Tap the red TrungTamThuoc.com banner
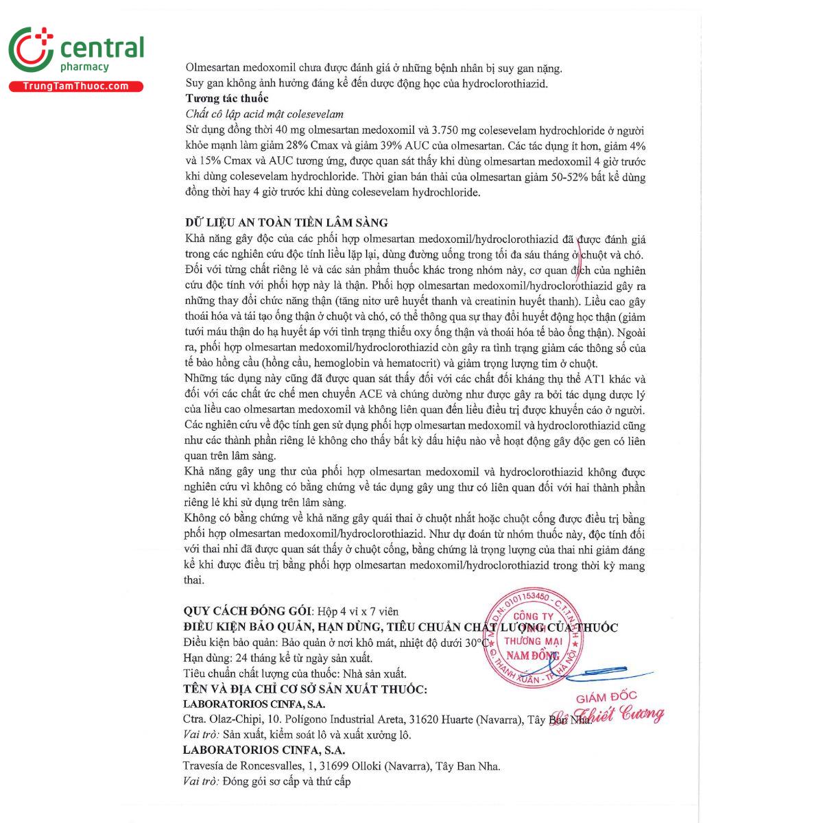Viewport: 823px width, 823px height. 75,86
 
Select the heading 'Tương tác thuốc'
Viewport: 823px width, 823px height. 227,99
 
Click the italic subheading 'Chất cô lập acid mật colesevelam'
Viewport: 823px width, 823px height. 264,115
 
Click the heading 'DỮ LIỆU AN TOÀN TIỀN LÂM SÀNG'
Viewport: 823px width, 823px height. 287,223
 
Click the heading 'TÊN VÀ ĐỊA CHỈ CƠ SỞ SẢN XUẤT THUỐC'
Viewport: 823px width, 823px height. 305,689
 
